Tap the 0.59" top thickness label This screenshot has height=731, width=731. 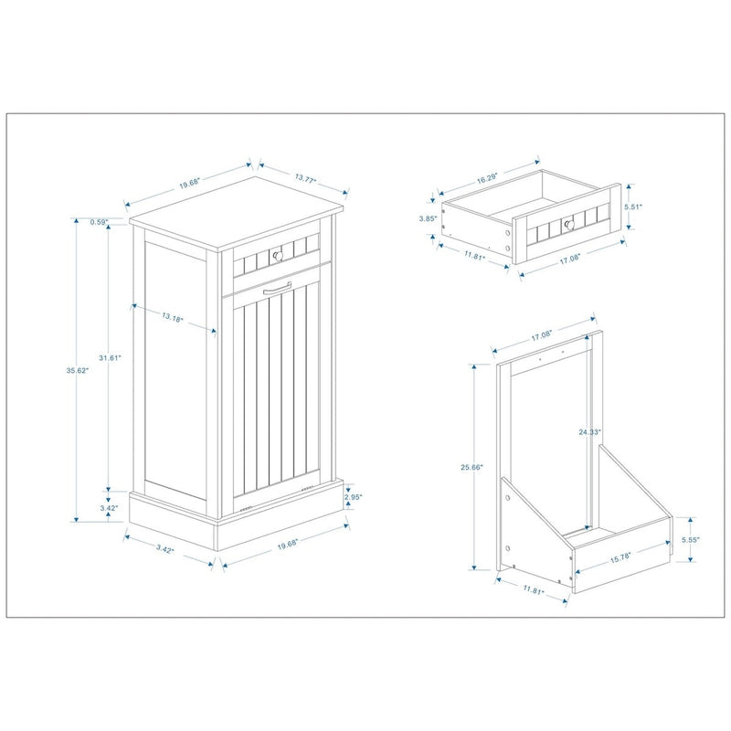tap(100, 221)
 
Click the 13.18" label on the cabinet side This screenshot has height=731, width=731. tap(172, 319)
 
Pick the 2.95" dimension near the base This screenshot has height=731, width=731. tap(354, 497)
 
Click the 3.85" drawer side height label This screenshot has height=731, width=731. tap(426, 218)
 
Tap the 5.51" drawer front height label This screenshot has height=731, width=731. tap(633, 207)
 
